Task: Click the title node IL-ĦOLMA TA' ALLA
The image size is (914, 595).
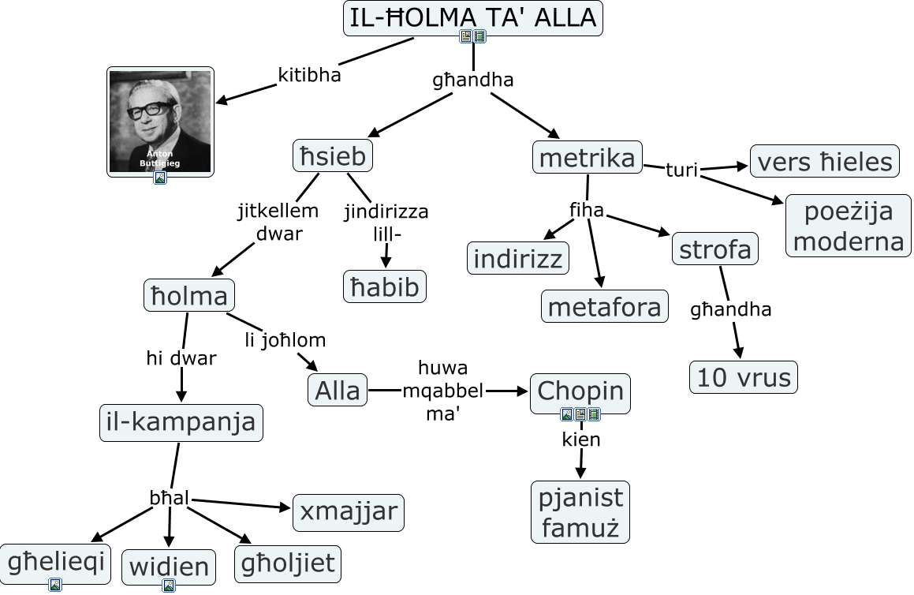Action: coord(472,17)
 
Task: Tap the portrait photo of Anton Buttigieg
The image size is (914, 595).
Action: coord(160,121)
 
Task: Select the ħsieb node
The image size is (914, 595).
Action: coord(333,156)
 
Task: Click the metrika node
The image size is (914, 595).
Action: coord(587,158)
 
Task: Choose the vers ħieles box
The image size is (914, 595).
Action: coord(824,162)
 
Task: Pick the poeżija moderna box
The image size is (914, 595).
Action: coord(848,226)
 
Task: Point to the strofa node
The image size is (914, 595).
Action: coord(715,249)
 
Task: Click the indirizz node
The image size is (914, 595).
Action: coord(519,259)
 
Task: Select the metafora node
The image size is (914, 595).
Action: coord(604,306)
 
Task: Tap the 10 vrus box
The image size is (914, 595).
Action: coord(744,377)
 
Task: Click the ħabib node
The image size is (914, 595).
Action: coord(385,286)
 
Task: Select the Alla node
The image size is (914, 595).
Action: coord(338,390)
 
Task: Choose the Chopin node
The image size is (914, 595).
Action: coord(580,390)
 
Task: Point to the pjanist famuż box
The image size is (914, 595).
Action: coord(580,511)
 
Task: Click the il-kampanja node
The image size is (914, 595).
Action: coord(181,422)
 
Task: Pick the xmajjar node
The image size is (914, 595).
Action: coord(348,512)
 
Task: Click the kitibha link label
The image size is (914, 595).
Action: coord(309,76)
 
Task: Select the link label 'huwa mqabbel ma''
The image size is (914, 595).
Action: coord(442,391)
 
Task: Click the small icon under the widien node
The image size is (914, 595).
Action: coord(169,586)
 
